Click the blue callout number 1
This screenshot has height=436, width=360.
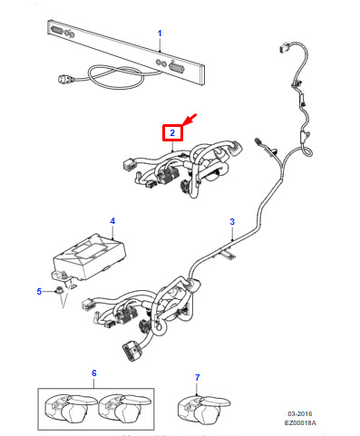pos(160,34)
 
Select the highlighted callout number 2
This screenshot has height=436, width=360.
pos(172,132)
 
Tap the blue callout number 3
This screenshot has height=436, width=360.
pos(232,221)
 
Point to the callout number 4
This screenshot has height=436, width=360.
pos(112,221)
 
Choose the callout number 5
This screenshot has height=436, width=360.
pos(39,292)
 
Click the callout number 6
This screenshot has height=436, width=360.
pos(94,373)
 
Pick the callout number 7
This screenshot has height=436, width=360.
pos(198,377)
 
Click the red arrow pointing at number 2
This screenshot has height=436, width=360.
pos(190,119)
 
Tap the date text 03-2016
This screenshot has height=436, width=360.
pos(300,413)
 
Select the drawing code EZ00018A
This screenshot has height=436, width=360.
pos(300,422)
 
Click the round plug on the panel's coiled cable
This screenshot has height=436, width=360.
pos(64,79)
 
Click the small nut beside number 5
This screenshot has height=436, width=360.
pos(59,291)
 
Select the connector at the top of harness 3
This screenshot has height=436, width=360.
pos(284,48)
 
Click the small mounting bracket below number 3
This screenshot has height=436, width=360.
pos(229,253)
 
